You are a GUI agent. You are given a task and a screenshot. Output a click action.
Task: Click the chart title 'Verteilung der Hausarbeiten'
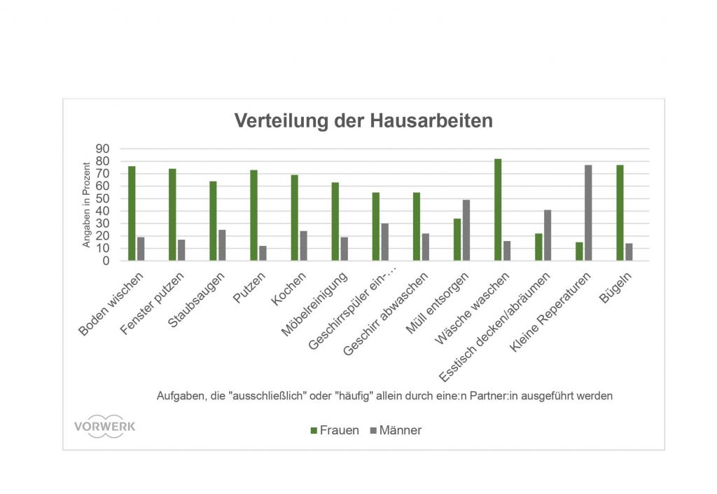(x=363, y=121)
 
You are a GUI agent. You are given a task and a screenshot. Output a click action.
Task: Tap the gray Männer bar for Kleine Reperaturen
(x=589, y=213)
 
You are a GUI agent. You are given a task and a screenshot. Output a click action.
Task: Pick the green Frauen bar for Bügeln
(x=620, y=213)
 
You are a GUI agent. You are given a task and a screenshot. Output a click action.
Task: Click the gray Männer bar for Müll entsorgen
(x=466, y=231)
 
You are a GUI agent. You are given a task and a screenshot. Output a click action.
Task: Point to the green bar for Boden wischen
(x=132, y=214)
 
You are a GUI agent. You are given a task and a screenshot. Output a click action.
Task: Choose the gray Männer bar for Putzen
(x=263, y=253)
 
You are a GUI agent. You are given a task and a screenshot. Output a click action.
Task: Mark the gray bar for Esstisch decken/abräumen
(x=548, y=235)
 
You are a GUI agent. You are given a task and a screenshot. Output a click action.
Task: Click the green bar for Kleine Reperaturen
(x=579, y=252)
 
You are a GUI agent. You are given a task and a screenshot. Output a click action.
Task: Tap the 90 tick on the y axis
(x=103, y=149)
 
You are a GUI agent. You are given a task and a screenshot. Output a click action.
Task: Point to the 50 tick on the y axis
(x=103, y=199)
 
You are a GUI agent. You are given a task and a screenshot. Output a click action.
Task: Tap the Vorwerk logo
(x=104, y=427)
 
